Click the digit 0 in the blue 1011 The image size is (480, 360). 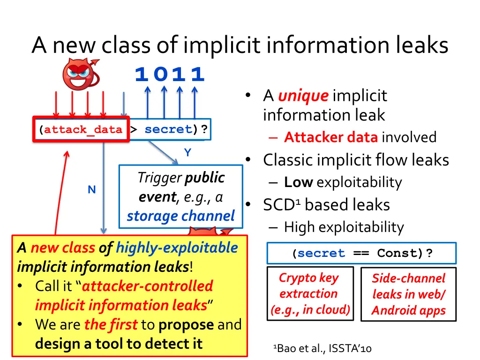160,75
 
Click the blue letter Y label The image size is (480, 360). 187,153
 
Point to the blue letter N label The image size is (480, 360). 92,189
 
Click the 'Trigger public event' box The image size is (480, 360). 181,196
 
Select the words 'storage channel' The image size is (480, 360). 181,216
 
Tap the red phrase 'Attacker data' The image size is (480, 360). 330,137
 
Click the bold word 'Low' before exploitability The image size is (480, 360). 298,182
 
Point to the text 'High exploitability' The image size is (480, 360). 344,227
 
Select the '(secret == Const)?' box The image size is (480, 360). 361,254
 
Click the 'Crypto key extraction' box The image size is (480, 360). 308,293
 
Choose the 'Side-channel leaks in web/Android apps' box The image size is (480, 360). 408,294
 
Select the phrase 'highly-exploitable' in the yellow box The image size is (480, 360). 177,247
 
